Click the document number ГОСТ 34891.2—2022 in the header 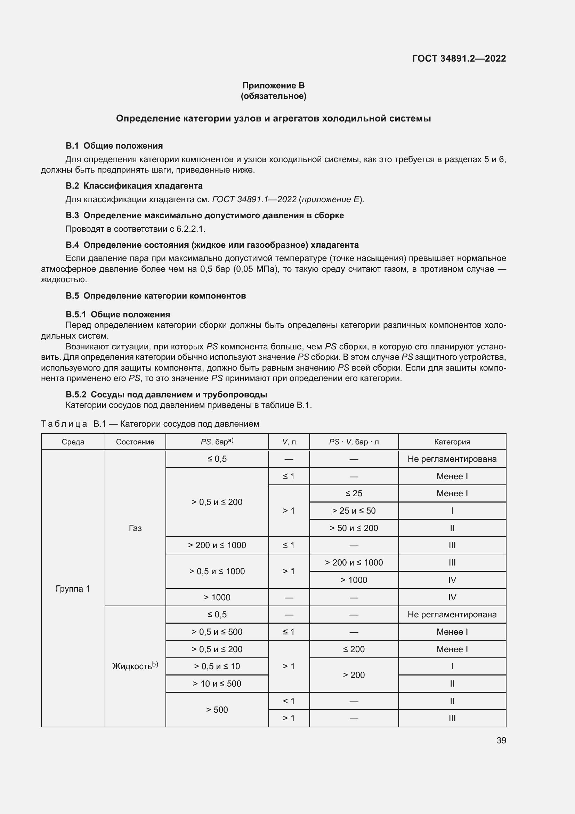[459, 58]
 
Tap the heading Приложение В [273, 86]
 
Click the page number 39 [501, 740]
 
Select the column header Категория [452, 442]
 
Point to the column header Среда [73, 442]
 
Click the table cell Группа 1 [73, 589]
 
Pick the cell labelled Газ [135, 528]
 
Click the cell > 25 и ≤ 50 [353, 511]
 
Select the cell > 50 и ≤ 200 [353, 528]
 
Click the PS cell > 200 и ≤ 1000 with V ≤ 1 [217, 545]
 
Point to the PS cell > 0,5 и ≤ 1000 [217, 571]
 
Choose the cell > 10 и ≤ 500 [217, 683]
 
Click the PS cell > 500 [217, 709]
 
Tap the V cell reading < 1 [289, 701]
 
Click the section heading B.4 [212, 245]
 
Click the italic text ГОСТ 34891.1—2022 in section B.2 [254, 200]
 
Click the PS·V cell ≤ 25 [353, 493]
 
